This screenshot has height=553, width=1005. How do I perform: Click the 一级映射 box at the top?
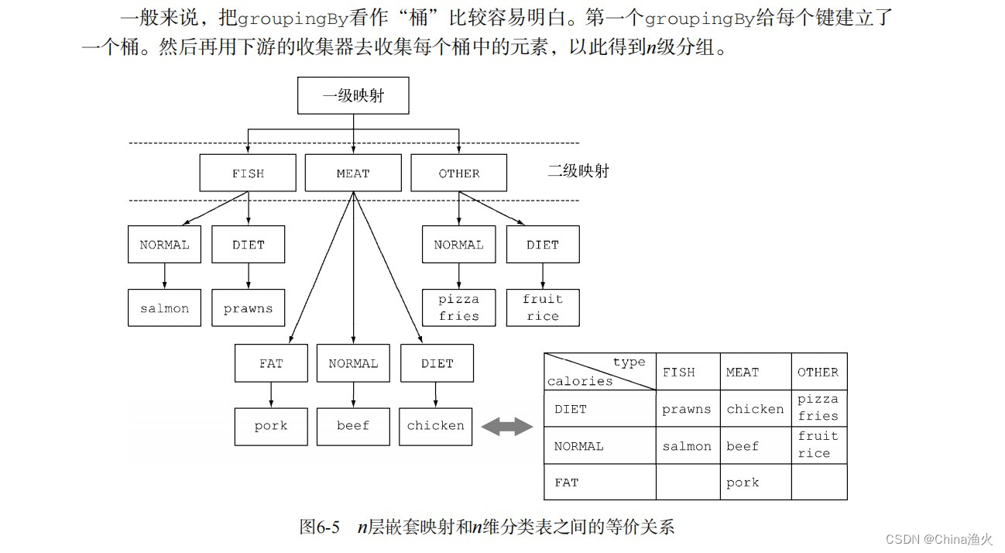point(353,96)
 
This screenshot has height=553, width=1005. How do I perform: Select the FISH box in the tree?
point(248,173)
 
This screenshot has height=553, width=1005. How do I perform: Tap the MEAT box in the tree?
point(353,173)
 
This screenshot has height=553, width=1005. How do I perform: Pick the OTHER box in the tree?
point(458,173)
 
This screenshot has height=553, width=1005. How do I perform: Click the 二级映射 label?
point(578,171)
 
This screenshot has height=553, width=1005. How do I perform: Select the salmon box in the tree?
point(164,307)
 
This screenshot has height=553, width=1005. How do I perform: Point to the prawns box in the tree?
point(248,307)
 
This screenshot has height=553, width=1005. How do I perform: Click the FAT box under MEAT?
point(271,363)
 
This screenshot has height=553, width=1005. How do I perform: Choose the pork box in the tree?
point(271,426)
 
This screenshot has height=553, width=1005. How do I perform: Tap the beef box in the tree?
point(353,426)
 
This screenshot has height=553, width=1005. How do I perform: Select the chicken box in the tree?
point(436,426)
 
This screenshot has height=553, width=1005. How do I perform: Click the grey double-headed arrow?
point(507,427)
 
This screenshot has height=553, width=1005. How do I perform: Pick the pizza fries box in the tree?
point(458,307)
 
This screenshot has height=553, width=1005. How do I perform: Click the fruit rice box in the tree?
point(542,307)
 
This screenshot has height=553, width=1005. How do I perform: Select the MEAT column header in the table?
point(742,372)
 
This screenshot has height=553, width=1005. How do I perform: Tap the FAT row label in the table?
point(567,482)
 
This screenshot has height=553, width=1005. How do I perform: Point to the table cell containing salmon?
point(686,446)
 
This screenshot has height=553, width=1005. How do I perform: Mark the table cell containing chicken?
point(755,409)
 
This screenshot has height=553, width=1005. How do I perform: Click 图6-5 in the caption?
point(319,527)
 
